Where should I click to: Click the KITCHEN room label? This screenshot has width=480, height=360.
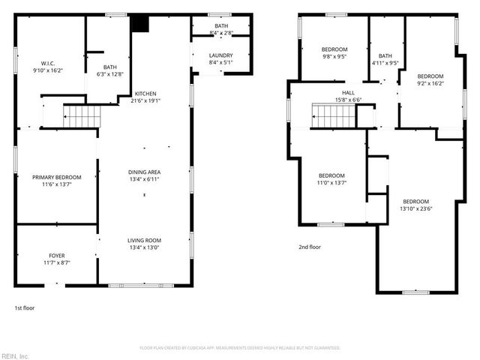(x=145, y=93)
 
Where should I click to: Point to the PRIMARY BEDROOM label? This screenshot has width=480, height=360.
(x=56, y=177)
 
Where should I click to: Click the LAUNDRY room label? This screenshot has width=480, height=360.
(x=220, y=55)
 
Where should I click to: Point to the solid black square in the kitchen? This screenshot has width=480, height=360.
(x=140, y=22)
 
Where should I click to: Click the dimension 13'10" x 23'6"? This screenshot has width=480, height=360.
(x=417, y=208)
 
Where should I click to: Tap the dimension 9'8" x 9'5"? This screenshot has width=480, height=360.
(x=334, y=56)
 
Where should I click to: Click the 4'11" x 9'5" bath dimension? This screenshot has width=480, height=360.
(x=385, y=64)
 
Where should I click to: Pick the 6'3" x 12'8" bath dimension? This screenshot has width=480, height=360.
(x=110, y=74)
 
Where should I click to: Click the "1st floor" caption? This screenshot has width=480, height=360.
(x=25, y=308)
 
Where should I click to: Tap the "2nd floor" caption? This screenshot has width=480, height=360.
(x=309, y=247)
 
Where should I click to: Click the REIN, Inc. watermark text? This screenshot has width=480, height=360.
(x=15, y=355)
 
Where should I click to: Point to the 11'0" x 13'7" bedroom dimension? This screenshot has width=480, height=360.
(x=331, y=182)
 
